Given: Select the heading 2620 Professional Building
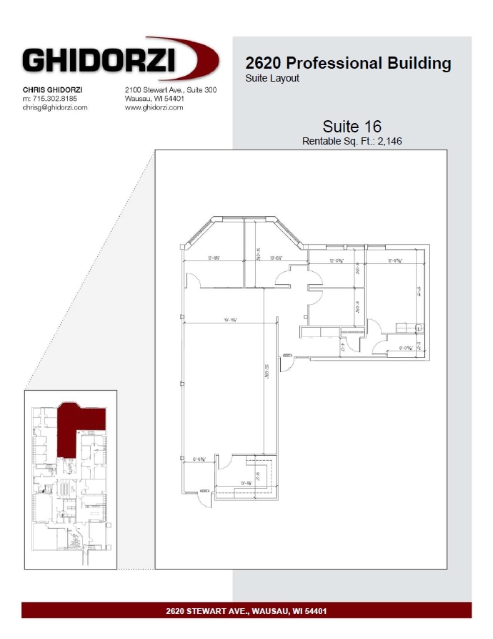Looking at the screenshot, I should (348, 63).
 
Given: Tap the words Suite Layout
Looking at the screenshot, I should (272, 78).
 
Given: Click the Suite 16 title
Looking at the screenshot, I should (352, 127).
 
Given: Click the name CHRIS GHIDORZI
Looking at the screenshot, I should (52, 89).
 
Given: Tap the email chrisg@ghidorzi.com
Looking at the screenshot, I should (55, 107).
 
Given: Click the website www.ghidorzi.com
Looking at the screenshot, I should (154, 107).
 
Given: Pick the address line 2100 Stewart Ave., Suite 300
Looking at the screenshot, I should (171, 89).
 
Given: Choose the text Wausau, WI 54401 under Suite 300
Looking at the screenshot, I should (155, 98).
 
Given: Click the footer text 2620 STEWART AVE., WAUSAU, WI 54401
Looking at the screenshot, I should (246, 611).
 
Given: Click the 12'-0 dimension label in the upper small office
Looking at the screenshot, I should (337, 261).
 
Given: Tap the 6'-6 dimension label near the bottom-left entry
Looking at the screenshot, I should (199, 459).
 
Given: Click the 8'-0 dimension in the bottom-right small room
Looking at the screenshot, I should (406, 348).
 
